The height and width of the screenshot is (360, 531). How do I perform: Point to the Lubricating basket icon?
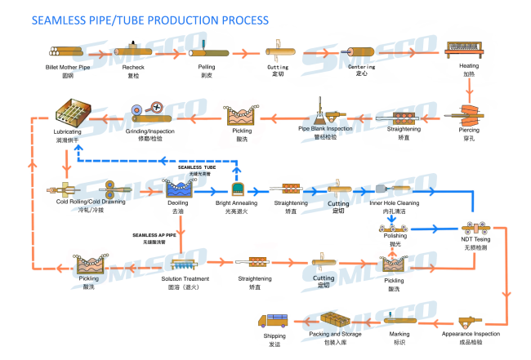(74, 112)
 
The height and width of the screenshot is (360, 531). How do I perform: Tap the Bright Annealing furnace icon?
(239, 189)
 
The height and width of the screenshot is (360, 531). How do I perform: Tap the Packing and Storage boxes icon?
(336, 319)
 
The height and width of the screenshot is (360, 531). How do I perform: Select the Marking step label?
(398, 334)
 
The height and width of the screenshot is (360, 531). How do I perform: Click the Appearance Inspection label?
(469, 334)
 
